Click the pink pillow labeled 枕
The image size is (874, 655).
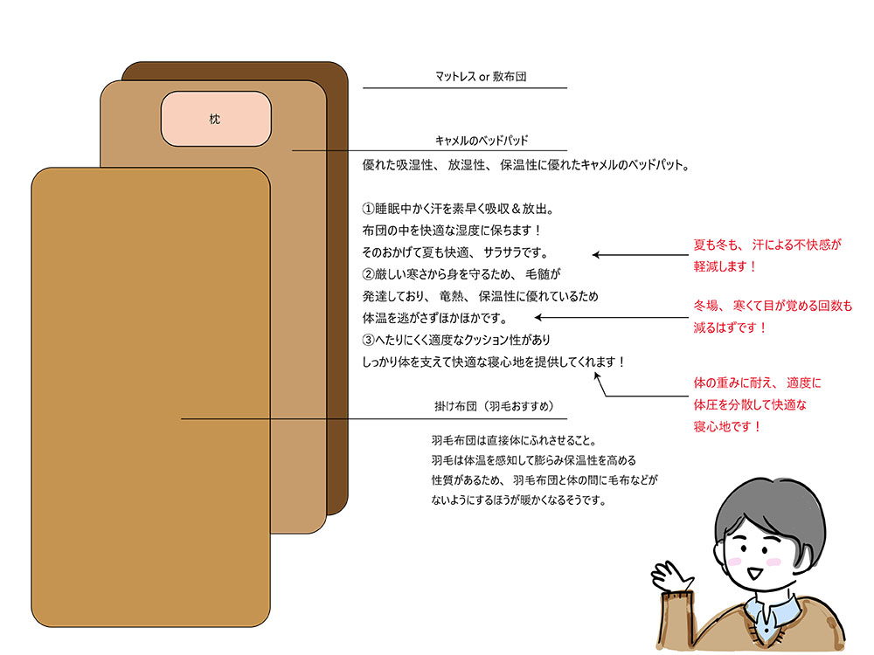tap(216, 118)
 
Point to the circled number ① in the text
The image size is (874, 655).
tap(368, 210)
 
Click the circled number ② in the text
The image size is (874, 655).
tap(368, 274)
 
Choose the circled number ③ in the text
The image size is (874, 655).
tap(368, 339)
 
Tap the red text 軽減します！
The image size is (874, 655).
tap(725, 265)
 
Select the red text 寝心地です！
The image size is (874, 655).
tap(726, 427)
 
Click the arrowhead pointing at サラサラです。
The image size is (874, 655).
tap(596, 255)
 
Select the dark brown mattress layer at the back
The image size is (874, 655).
tap(336, 262)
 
